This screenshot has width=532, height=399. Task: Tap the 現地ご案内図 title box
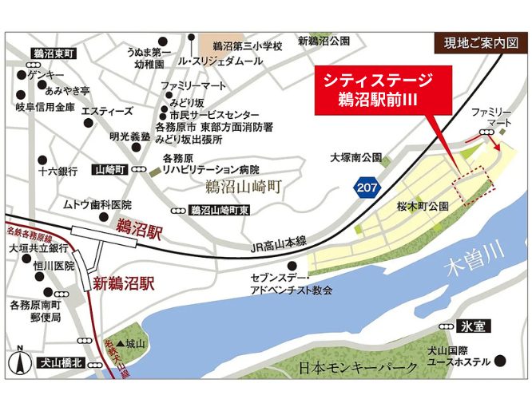pos(478,44)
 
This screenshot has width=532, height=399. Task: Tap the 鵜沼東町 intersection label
pos(54,53)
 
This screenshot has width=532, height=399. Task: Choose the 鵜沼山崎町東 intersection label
pos(220,210)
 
